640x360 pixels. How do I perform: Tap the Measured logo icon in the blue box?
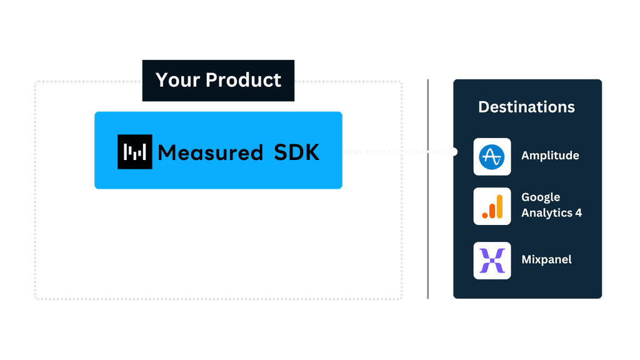tap(135, 152)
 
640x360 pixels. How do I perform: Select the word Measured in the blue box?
tap(210, 152)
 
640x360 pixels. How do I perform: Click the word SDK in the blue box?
tap(297, 152)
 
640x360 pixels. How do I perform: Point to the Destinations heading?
tap(526, 107)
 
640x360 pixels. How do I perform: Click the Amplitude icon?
tap(492, 156)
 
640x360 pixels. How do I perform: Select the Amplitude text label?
tap(550, 156)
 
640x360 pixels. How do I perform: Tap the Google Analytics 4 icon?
tap(492, 206)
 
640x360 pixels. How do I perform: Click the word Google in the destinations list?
tap(541, 197)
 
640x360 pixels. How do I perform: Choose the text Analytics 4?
tap(551, 213)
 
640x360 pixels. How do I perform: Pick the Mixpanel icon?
tap(492, 260)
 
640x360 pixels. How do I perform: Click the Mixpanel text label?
tap(546, 259)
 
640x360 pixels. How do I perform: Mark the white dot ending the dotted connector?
tap(453, 152)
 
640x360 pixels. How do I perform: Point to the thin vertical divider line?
tap(427, 187)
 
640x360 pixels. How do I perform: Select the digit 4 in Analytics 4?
tap(578, 213)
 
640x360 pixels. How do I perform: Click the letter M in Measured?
tap(166, 152)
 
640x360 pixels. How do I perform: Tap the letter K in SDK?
tap(312, 152)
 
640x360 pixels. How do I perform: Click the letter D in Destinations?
tap(483, 107)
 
